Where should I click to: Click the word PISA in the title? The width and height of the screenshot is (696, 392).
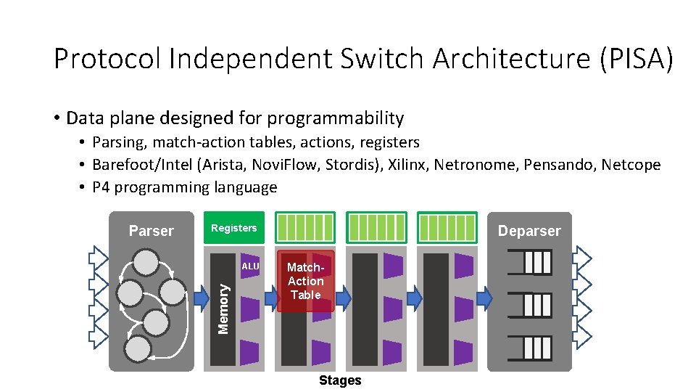tap(636, 58)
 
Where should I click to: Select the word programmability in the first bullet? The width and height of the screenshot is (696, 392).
tap(335, 118)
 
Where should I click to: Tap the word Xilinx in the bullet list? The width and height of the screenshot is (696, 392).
tap(407, 165)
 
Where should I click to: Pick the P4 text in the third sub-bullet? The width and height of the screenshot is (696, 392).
tap(101, 187)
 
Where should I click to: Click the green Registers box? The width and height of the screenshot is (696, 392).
tap(233, 228)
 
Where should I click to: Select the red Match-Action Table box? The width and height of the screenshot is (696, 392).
tap(305, 282)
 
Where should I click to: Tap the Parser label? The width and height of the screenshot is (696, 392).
tap(151, 231)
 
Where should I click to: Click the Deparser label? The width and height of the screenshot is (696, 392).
tap(529, 231)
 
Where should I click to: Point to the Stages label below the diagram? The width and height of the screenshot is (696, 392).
tap(340, 380)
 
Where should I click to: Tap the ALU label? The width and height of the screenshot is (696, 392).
tap(250, 266)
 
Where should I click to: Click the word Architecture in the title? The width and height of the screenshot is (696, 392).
tap(511, 58)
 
